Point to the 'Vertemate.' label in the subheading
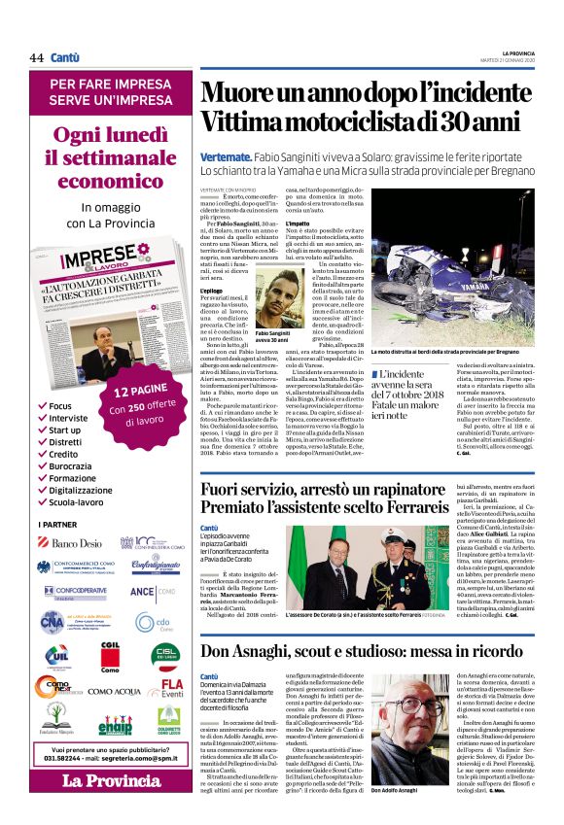(229, 156)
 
